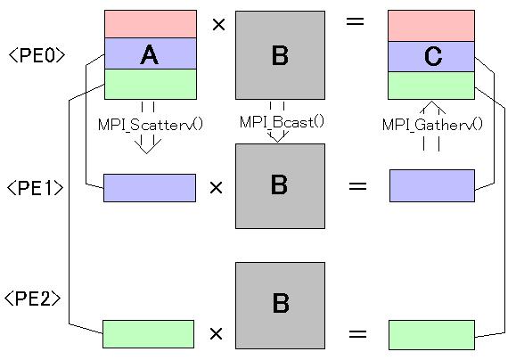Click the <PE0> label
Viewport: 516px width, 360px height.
click(37, 55)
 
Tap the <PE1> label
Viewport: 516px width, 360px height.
click(35, 188)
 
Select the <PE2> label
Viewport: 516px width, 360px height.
click(33, 299)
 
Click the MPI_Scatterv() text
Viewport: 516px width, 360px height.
click(151, 125)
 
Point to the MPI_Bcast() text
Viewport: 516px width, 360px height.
click(282, 122)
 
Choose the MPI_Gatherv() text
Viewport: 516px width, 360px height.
click(432, 125)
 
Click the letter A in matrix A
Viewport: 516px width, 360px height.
click(150, 54)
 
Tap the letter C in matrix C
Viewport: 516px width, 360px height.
click(433, 56)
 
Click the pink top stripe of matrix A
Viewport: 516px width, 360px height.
click(151, 24)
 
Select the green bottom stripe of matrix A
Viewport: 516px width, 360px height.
click(151, 84)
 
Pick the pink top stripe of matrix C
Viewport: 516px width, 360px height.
click(431, 26)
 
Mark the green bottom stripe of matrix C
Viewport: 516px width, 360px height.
click(431, 86)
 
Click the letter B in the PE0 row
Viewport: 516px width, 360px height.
click(280, 55)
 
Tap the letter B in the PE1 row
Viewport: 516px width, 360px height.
click(279, 184)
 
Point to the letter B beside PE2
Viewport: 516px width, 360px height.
click(281, 303)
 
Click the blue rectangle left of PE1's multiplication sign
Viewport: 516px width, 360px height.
click(150, 188)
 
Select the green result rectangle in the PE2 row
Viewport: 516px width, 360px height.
click(431, 335)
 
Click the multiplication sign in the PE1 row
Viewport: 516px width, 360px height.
click(217, 187)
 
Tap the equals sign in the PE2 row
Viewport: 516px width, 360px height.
click(357, 334)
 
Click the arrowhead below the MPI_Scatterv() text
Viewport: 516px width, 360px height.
click(147, 146)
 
